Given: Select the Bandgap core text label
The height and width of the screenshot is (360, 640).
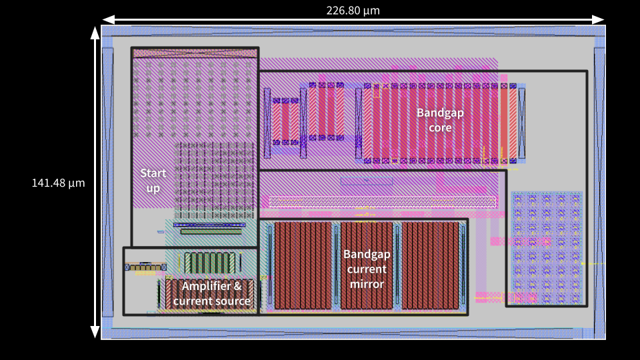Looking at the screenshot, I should coord(440,120).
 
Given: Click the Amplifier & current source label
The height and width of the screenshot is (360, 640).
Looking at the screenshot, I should coord(211,294).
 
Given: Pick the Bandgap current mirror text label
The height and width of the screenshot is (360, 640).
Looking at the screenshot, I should coord(366,269).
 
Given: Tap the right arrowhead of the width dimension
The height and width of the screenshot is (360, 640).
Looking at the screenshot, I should coord(601,19).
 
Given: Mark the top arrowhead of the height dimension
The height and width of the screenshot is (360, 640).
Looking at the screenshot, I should coord(95,31).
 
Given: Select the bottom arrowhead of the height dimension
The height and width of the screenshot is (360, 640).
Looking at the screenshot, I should coord(95,334).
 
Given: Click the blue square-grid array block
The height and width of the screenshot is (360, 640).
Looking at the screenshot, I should coord(546,247).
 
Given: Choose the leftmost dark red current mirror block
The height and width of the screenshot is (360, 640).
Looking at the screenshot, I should coord(303,265).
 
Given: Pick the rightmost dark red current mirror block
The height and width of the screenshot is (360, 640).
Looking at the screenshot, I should coord(431,265).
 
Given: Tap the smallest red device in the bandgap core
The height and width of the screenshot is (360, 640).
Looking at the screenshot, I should coord(285,122).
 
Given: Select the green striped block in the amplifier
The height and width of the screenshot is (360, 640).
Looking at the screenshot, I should coord(209,262).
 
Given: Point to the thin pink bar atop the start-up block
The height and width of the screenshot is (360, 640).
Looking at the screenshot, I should coord(193,53).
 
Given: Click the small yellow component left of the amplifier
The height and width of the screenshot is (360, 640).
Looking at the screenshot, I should coord(144,267).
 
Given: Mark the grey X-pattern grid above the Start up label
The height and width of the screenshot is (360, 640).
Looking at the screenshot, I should coord(193,100).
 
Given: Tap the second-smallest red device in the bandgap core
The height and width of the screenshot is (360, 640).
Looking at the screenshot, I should coord(326,112).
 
